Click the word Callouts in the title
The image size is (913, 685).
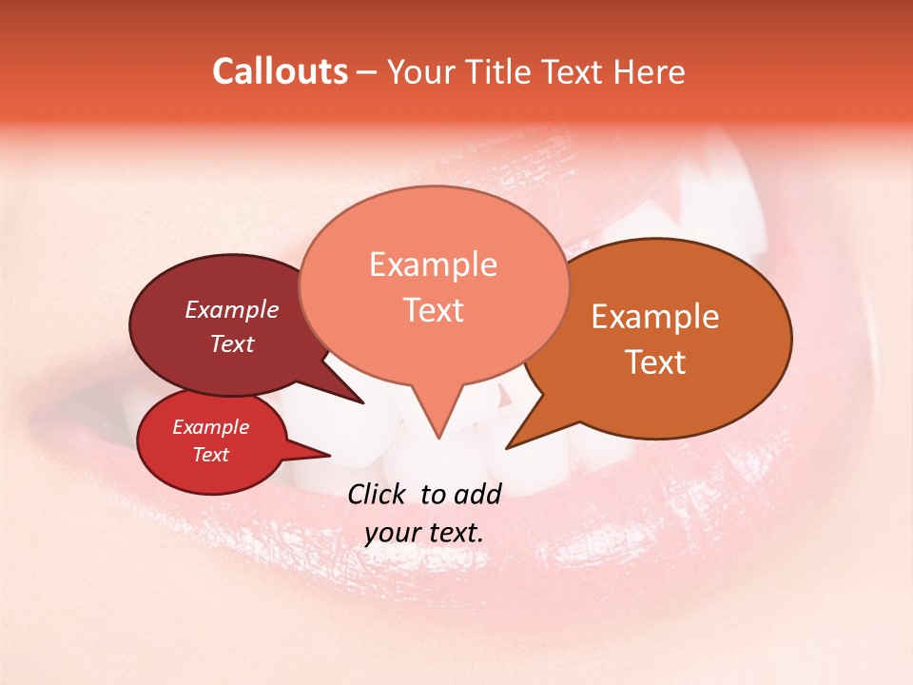point(280,72)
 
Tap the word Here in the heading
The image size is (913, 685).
point(649,72)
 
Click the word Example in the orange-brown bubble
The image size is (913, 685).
point(655,317)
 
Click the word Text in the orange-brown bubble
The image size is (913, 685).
point(655,362)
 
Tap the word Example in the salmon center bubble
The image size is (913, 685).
point(433,264)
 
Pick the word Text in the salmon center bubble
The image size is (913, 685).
point(433,310)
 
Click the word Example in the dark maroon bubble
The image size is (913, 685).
point(232,309)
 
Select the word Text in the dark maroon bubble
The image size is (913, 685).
point(232,343)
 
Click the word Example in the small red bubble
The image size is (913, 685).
point(211,427)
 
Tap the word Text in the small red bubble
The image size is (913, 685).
point(211,455)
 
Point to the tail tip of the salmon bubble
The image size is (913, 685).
point(438,439)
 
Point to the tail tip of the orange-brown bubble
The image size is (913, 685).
point(507,447)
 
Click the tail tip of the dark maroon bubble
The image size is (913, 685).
point(363,402)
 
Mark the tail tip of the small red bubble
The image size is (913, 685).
point(329,455)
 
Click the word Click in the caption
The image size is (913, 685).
point(379,494)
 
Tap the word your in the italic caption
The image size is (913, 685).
point(392,533)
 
